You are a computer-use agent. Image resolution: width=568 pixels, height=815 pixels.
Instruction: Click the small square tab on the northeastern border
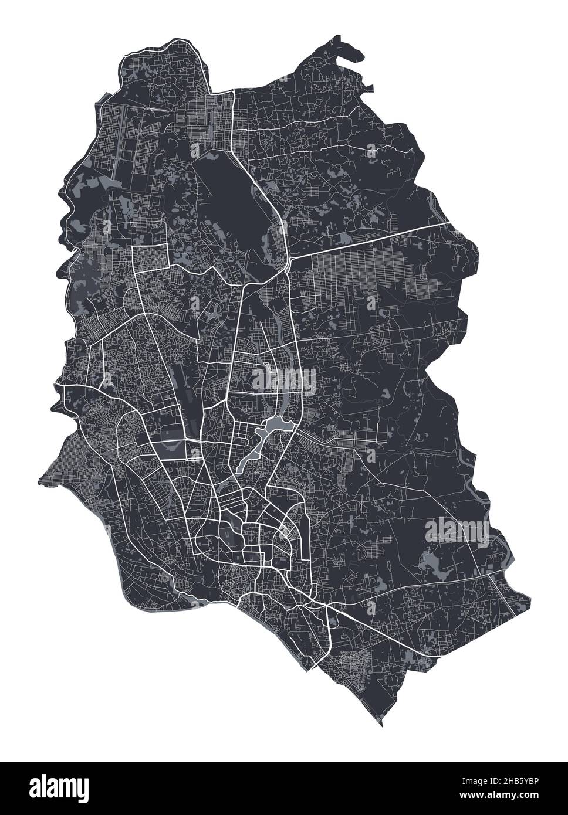(370, 89)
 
